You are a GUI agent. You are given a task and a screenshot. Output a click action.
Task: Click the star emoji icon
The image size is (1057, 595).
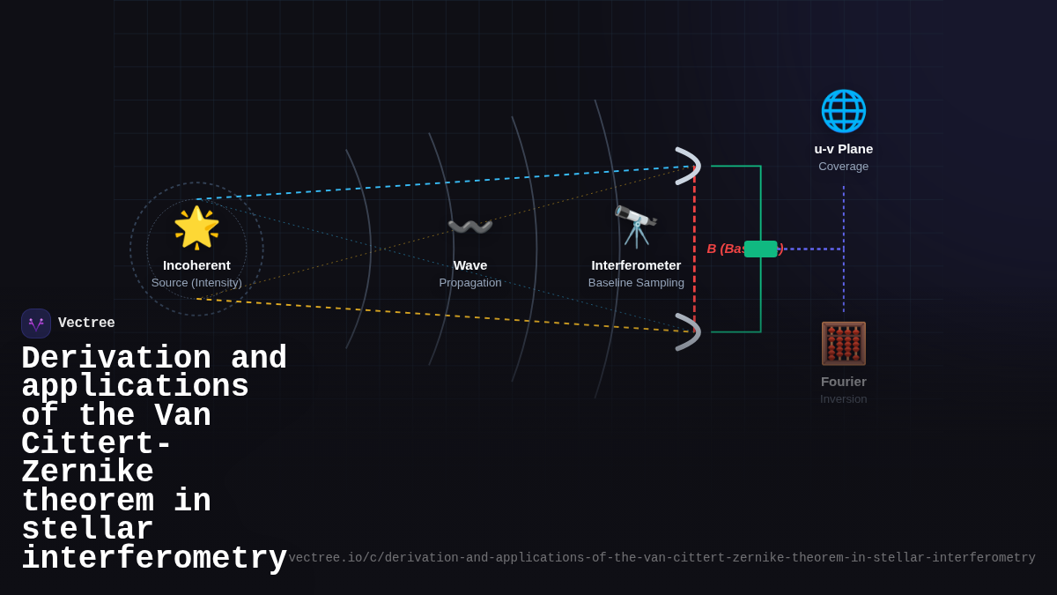coord(196,227)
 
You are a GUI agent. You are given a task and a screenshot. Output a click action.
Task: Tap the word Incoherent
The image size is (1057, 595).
coord(196,265)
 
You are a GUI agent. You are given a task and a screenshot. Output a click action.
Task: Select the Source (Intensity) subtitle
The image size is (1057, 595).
coord(196,283)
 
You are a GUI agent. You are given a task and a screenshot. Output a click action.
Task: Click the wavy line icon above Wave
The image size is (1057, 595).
coord(469,227)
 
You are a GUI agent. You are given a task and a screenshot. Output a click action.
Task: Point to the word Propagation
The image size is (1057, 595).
coord(469,283)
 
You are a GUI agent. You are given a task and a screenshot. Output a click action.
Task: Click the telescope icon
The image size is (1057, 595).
coord(636,227)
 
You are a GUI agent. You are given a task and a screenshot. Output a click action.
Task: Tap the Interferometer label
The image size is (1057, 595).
coord(636,265)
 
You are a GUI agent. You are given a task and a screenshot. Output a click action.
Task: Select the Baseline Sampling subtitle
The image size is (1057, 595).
coord(636,283)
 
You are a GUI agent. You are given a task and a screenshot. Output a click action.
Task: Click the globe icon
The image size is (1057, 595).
coord(843,111)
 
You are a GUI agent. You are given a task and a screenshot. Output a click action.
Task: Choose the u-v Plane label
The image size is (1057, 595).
coord(843,149)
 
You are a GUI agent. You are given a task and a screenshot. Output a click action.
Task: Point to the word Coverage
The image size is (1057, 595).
coord(843,167)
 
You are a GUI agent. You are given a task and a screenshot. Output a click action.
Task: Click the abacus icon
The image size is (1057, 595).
coord(843,343)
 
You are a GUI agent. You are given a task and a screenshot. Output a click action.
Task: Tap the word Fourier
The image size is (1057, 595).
coord(843,382)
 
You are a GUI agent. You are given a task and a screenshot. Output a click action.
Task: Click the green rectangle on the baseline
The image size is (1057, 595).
coord(761,249)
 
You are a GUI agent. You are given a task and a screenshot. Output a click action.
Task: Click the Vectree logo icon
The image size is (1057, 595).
coord(36,324)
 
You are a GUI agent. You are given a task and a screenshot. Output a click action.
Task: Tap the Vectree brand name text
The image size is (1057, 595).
coord(86,324)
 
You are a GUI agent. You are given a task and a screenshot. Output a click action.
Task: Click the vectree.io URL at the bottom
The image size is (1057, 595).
coord(662,558)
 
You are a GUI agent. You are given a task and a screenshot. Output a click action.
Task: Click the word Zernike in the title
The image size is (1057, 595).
coord(87,472)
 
